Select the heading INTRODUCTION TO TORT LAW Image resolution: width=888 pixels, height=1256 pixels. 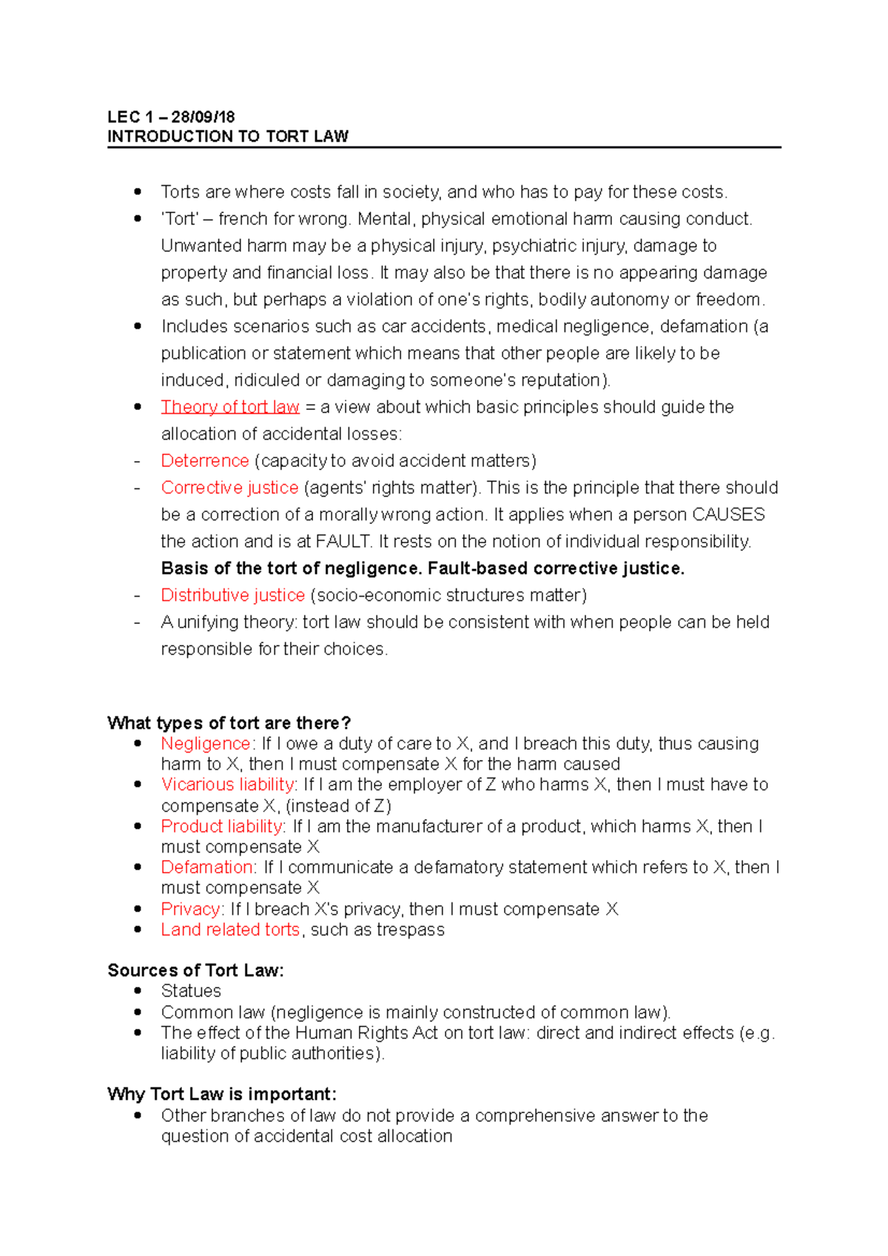coord(228,136)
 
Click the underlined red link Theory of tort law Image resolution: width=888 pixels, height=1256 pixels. coord(230,407)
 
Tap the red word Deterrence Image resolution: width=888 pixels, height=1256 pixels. coord(205,461)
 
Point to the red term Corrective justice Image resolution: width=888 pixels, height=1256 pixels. coord(229,488)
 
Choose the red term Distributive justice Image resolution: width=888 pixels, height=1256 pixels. coord(233,595)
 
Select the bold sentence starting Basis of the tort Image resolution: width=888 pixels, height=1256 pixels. coord(423,568)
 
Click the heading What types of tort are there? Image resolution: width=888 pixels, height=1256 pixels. coord(229,723)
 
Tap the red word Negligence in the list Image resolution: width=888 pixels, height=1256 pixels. coord(206,744)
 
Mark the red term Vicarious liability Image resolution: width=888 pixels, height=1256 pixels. coord(228,785)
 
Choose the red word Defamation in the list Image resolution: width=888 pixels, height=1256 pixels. coord(208,867)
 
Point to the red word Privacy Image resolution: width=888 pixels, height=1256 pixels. coord(190,909)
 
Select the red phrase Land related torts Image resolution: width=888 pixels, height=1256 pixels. coord(230,930)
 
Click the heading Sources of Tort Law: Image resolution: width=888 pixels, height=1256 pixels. coord(195,970)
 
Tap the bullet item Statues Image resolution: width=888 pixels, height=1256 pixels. coord(191,991)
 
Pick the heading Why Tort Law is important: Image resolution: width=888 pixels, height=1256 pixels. coord(222,1094)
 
